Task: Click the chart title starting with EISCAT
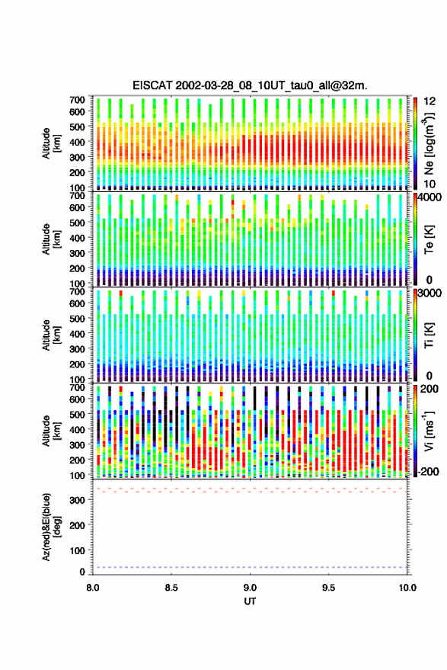pyautogui.click(x=250, y=85)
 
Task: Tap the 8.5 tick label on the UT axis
pyautogui.click(x=171, y=588)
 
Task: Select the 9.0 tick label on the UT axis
pyautogui.click(x=250, y=588)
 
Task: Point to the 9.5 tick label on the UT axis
pyautogui.click(x=328, y=588)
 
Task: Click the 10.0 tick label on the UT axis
pyautogui.click(x=407, y=588)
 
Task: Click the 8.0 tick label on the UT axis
pyautogui.click(x=93, y=588)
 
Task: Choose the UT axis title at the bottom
pyautogui.click(x=250, y=601)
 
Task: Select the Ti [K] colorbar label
pyautogui.click(x=429, y=335)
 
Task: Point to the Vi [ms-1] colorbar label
pyautogui.click(x=429, y=431)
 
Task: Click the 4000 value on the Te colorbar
pyautogui.click(x=429, y=198)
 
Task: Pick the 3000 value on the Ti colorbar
pyautogui.click(x=429, y=293)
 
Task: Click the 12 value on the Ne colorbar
pyautogui.click(x=429, y=101)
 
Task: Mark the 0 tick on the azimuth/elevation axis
pyautogui.click(x=82, y=572)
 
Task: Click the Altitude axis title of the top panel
pyautogui.click(x=51, y=143)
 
